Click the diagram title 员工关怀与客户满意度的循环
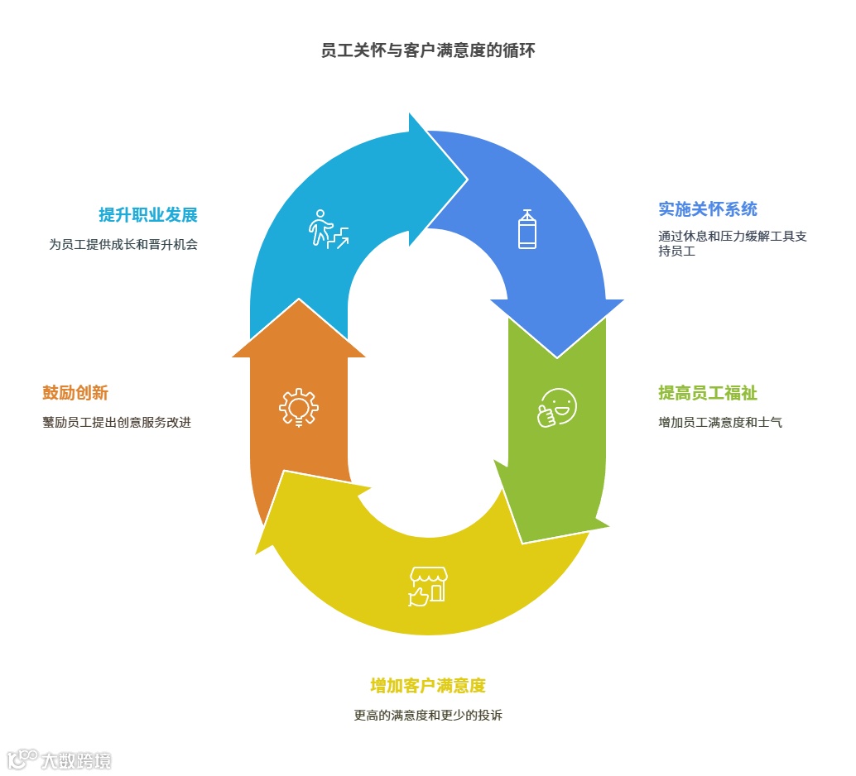click(x=428, y=51)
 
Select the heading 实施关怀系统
click(x=707, y=209)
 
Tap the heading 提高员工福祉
click(x=707, y=393)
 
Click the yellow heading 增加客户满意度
click(x=427, y=686)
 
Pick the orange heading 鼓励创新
click(x=75, y=393)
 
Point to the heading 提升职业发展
click(x=148, y=216)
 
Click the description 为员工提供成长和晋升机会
click(x=123, y=245)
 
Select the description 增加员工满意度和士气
click(x=719, y=423)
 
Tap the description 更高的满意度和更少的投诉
click(x=428, y=716)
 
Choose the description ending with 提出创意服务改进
click(x=117, y=423)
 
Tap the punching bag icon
click(x=527, y=229)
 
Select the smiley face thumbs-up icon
click(x=556, y=408)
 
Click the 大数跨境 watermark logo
click(x=59, y=759)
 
